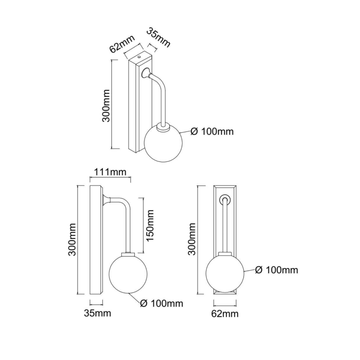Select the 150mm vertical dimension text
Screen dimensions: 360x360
(x=150, y=226)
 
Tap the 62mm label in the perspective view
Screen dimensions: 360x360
(x=122, y=43)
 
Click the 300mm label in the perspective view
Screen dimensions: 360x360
(x=106, y=105)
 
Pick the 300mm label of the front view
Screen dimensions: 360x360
(x=191, y=238)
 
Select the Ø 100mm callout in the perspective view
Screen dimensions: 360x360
(x=212, y=132)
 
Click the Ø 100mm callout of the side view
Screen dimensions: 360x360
(x=161, y=303)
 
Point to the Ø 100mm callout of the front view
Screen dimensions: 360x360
(x=277, y=270)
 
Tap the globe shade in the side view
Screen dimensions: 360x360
(x=125, y=273)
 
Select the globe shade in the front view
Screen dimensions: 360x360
(x=224, y=273)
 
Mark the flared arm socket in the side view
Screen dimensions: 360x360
(x=107, y=200)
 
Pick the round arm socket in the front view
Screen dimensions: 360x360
(x=225, y=199)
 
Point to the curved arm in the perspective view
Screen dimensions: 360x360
(x=162, y=94)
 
